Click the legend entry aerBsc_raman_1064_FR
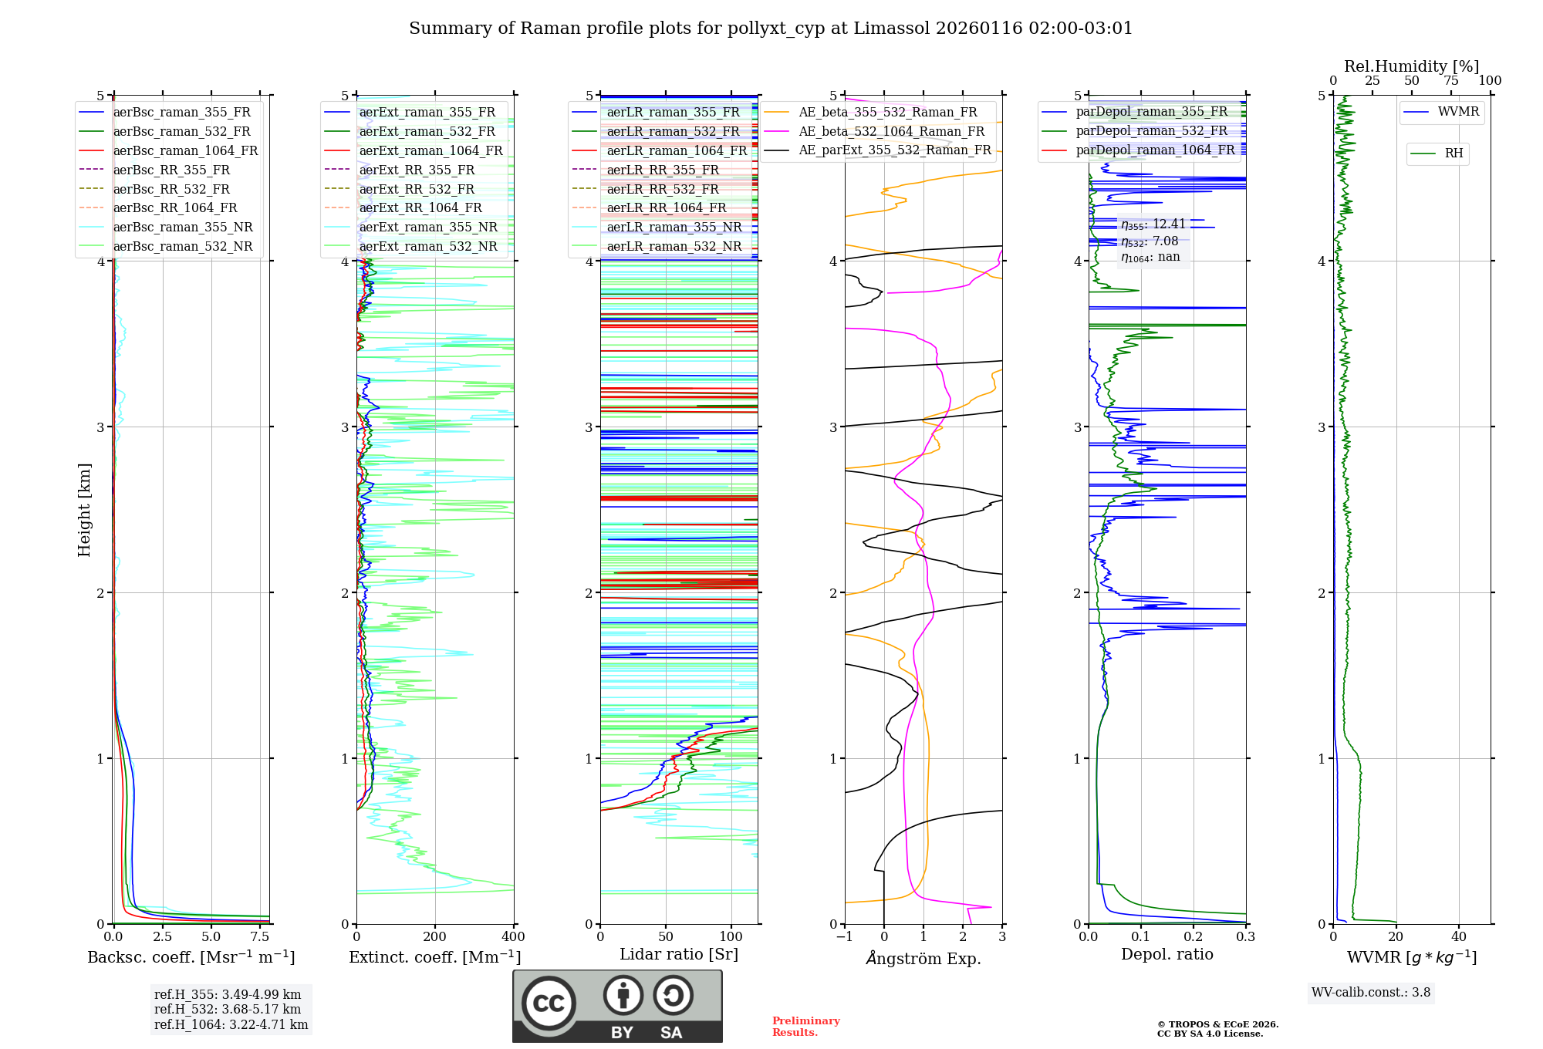(x=185, y=151)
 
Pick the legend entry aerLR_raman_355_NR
(x=674, y=228)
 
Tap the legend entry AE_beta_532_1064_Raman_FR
(x=891, y=132)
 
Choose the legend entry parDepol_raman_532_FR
(x=1151, y=131)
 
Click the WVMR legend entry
(x=1457, y=112)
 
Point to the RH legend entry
(x=1454, y=153)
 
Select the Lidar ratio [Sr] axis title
(x=679, y=955)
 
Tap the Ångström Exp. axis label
(x=923, y=959)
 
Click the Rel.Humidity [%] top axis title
(x=1411, y=66)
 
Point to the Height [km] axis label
(x=84, y=510)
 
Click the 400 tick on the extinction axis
(x=513, y=937)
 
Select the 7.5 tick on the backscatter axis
(x=260, y=937)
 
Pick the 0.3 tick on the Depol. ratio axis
(x=1245, y=937)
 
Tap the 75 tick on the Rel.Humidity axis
(x=1450, y=81)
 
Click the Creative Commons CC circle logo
(x=549, y=1003)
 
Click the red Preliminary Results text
(x=805, y=1027)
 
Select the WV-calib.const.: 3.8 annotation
(x=1371, y=993)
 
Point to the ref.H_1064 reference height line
(x=231, y=1025)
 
